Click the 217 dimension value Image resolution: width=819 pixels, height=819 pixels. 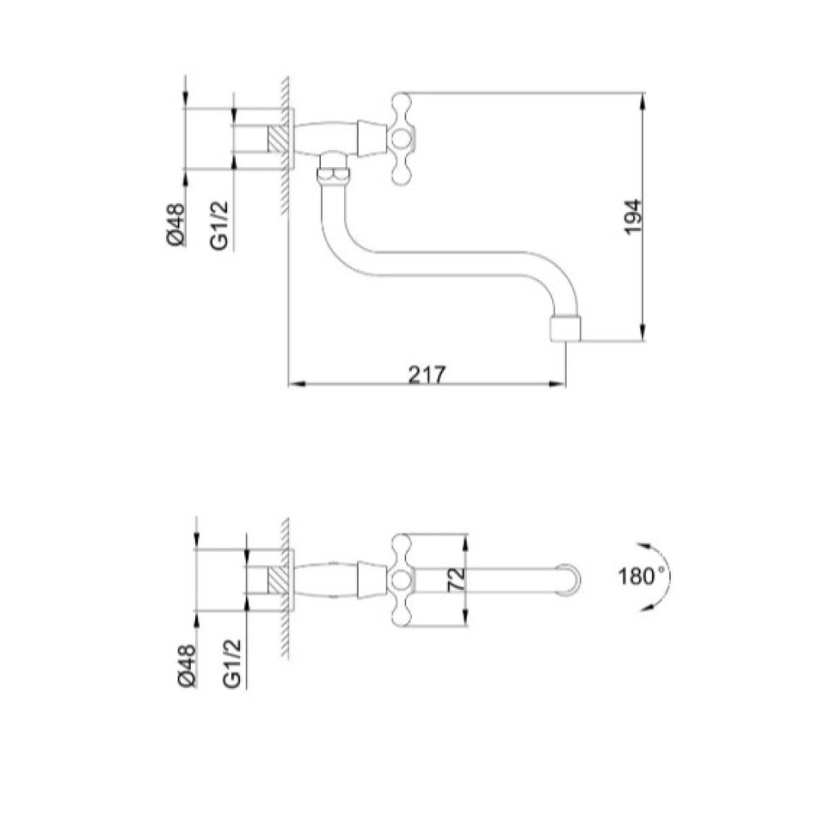click(x=427, y=374)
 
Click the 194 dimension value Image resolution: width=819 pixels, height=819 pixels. click(x=633, y=217)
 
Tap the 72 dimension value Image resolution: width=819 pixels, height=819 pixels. click(x=456, y=579)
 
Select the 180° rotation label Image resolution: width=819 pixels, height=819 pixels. click(x=642, y=577)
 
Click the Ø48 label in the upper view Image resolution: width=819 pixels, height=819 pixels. click(x=175, y=224)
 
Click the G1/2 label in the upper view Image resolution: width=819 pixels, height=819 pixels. click(x=219, y=225)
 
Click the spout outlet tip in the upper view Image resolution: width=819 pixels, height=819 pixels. click(x=566, y=328)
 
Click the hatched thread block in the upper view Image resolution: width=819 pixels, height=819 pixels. click(x=278, y=139)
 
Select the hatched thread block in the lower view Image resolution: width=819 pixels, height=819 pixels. click(x=278, y=580)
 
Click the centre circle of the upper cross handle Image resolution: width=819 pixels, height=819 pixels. click(x=401, y=138)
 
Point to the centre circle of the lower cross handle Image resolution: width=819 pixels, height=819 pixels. click(x=401, y=580)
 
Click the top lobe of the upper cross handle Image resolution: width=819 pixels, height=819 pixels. click(x=401, y=102)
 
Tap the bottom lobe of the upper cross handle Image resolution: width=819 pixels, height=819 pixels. click(x=401, y=174)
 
